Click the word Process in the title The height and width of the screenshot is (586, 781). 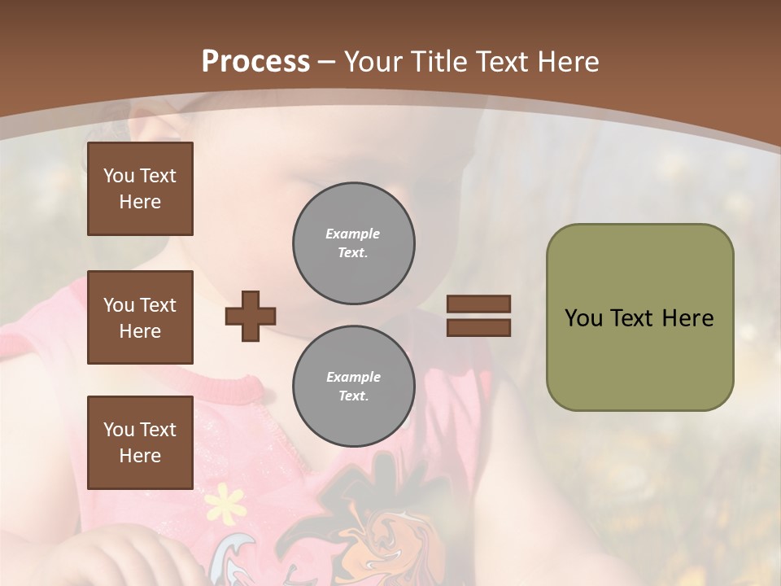click(x=255, y=61)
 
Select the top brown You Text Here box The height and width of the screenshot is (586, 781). click(x=140, y=189)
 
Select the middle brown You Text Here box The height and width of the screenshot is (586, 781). click(x=140, y=317)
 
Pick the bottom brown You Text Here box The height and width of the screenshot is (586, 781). click(x=140, y=443)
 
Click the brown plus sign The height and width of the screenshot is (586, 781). click(x=251, y=316)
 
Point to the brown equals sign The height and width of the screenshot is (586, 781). click(x=478, y=316)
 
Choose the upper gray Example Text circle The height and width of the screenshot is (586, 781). click(x=353, y=243)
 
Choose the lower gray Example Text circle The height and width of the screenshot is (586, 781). click(x=353, y=387)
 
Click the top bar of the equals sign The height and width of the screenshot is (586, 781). click(x=478, y=304)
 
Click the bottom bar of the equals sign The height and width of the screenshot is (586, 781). click(x=478, y=327)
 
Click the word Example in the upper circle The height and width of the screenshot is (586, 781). click(x=353, y=234)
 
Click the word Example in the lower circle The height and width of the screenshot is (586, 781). click(x=353, y=377)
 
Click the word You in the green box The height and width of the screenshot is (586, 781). click(x=583, y=318)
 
